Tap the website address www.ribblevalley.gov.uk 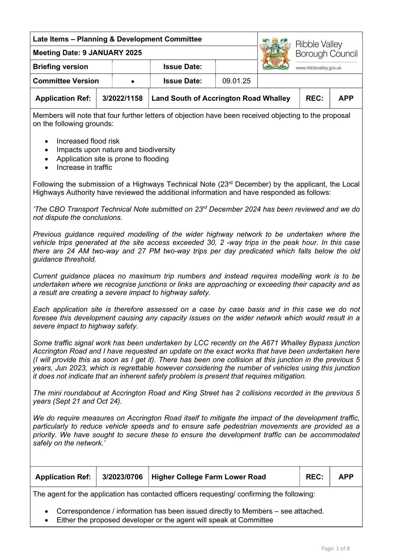click(319, 68)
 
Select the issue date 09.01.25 click(236, 81)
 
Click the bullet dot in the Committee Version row click(133, 82)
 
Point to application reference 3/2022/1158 click(122, 98)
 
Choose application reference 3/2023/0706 click(122, 477)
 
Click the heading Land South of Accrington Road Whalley click(221, 98)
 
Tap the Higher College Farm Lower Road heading click(208, 477)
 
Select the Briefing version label click(60, 67)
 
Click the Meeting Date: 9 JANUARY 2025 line click(87, 53)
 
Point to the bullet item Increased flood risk click(88, 141)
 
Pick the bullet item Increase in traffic click(84, 167)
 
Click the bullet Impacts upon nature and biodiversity click(116, 150)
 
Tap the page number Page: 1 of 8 click(335, 548)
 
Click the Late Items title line click(117, 39)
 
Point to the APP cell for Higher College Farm click(346, 477)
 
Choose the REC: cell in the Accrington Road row click(314, 98)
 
